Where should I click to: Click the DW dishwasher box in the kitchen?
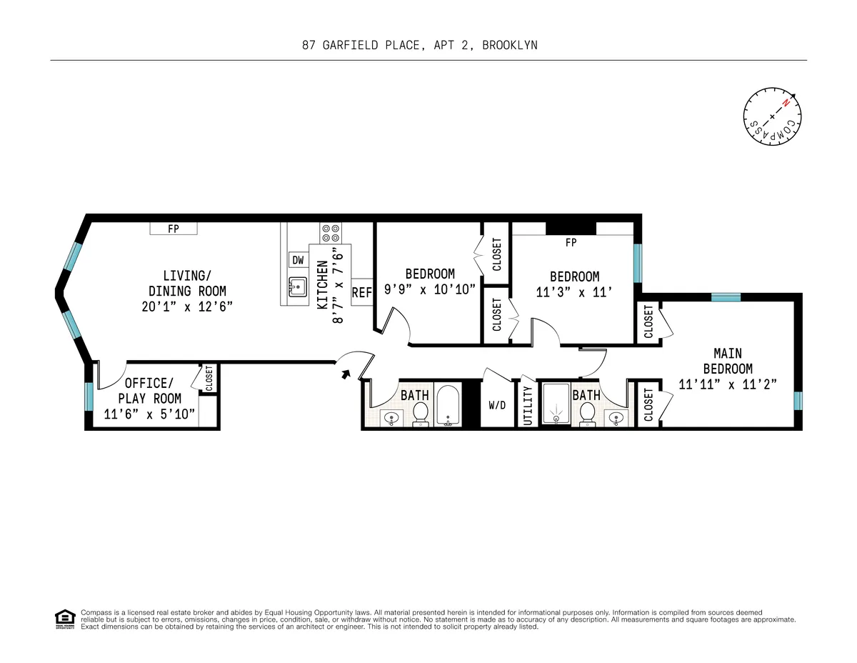pyautogui.click(x=298, y=260)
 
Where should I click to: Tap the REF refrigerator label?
pyautogui.click(x=362, y=292)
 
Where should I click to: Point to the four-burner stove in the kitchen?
pyautogui.click(x=331, y=232)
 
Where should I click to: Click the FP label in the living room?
pyautogui.click(x=173, y=229)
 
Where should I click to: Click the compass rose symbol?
pyautogui.click(x=772, y=116)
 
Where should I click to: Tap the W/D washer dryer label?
pyautogui.click(x=497, y=405)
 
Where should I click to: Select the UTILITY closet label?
pyautogui.click(x=528, y=405)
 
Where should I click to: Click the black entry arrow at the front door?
pyautogui.click(x=347, y=373)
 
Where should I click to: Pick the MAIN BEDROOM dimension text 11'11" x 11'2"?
pyautogui.click(x=727, y=383)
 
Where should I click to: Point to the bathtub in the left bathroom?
pyautogui.click(x=448, y=407)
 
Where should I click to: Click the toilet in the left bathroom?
pyautogui.click(x=421, y=412)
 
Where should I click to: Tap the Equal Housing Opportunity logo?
pyautogui.click(x=65, y=619)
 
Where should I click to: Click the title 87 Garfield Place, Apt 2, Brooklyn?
pyautogui.click(x=419, y=45)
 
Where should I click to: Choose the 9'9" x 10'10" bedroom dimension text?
pyautogui.click(x=430, y=289)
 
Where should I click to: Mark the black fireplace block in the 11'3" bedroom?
pyautogui.click(x=571, y=228)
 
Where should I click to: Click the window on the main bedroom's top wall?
pyautogui.click(x=726, y=297)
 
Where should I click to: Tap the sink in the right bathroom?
pyautogui.click(x=616, y=417)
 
